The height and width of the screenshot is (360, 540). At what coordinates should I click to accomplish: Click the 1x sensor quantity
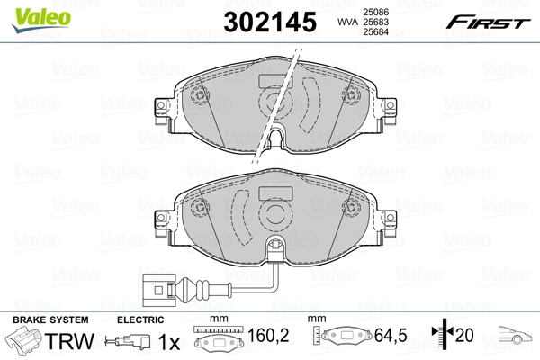coord(169,342)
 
